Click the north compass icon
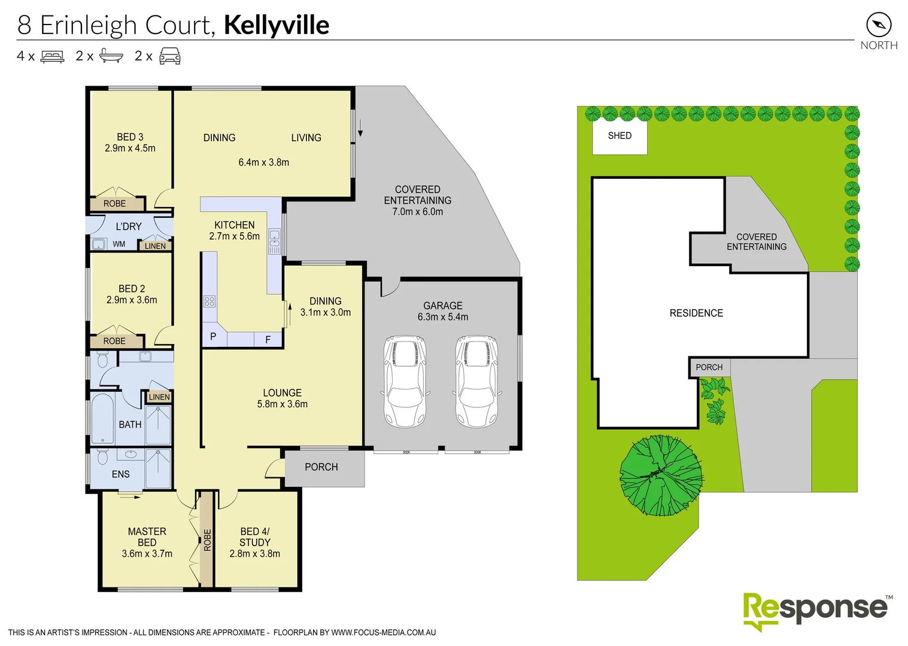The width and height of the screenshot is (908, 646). click(878, 25)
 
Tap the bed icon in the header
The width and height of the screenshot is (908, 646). click(52, 57)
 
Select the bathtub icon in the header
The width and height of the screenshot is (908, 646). click(111, 56)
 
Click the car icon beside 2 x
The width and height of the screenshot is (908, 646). click(170, 56)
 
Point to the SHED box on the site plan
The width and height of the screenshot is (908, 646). click(619, 136)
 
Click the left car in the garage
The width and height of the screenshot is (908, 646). click(405, 381)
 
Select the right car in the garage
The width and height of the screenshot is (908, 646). click(477, 381)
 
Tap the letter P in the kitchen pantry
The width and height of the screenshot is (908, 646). click(213, 337)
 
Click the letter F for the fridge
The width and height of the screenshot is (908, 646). click(268, 339)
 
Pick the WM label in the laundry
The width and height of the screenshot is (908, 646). click(119, 244)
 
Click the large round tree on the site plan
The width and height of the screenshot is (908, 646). click(660, 475)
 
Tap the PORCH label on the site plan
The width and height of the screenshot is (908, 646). click(709, 367)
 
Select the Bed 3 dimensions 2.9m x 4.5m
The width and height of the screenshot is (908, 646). click(130, 148)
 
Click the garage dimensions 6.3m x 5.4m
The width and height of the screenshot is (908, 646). click(443, 317)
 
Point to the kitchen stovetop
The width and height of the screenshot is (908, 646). click(209, 301)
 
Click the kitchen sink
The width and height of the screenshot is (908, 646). click(274, 242)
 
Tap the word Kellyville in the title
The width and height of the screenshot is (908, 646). click(277, 25)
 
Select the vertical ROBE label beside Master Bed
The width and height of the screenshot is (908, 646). click(207, 540)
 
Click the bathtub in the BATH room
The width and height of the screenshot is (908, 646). click(102, 419)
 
